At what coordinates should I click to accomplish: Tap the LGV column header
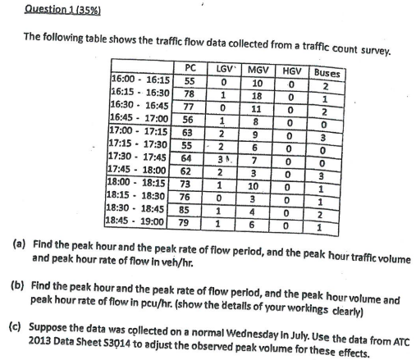click(224, 69)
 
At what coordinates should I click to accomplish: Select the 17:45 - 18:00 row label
click(139, 171)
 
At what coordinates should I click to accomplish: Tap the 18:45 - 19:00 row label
click(139, 221)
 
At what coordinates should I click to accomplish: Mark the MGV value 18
click(258, 96)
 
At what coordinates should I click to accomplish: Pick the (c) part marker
click(15, 323)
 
